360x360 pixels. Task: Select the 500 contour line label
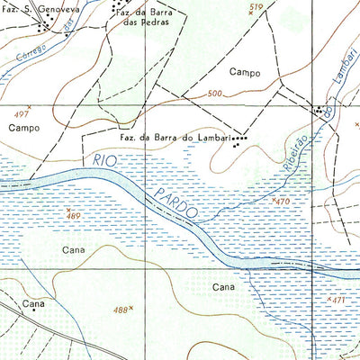tap(213, 94)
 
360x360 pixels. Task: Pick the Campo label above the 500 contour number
tap(244, 71)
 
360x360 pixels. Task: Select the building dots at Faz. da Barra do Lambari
tap(238, 140)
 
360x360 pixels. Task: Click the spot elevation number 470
tap(284, 202)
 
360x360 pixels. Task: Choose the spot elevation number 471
tap(338, 299)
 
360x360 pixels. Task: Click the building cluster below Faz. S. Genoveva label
tap(41, 26)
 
